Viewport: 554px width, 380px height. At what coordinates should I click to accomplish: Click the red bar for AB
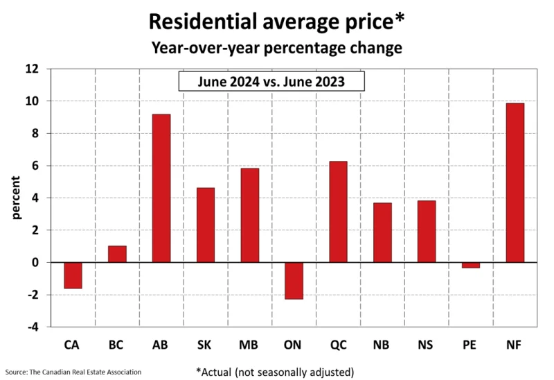pos(161,188)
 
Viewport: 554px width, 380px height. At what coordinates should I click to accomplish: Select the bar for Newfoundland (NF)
pos(515,183)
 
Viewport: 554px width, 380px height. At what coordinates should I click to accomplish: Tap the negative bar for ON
pos(294,281)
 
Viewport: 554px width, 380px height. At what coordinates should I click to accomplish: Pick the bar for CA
pos(73,275)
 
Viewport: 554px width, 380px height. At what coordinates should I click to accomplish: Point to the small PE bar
pos(471,265)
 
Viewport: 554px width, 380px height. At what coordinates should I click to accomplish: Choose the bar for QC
pos(338,212)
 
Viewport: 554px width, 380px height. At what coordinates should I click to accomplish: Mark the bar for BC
pos(117,254)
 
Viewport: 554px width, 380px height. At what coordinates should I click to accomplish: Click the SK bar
pos(205,225)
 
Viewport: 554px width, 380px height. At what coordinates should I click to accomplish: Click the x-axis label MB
pos(249,345)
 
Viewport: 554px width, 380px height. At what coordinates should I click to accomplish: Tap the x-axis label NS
pos(425,345)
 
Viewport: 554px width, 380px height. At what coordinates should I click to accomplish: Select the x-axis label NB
pos(381,345)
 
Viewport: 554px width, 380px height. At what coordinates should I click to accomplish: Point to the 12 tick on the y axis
pos(32,69)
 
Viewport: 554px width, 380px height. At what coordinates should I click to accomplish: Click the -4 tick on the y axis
pos(33,327)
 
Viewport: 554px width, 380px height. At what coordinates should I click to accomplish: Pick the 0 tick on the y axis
pos(35,263)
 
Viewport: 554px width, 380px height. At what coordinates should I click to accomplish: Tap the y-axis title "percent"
pos(16,198)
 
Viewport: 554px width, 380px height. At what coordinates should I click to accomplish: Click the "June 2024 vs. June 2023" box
pos(271,81)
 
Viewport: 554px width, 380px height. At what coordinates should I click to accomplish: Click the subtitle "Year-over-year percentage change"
pos(276,48)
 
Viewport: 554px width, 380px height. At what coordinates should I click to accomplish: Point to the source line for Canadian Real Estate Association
pos(73,372)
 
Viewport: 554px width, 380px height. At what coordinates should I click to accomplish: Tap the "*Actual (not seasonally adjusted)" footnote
pos(275,372)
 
